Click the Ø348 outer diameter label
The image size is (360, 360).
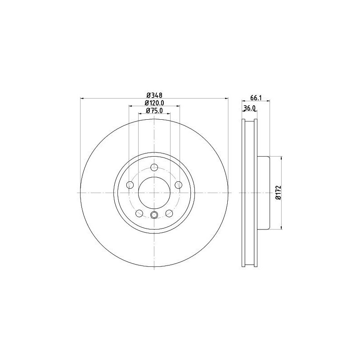154,94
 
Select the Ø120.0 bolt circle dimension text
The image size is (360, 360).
154,103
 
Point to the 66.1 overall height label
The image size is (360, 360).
256,97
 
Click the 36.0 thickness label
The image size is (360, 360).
249,108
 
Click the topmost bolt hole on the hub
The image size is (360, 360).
154,168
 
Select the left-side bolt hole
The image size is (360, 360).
130,185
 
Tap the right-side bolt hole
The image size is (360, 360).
178,185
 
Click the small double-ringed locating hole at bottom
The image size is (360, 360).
154,215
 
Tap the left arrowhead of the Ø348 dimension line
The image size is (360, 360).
82,98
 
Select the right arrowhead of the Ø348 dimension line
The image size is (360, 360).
227,98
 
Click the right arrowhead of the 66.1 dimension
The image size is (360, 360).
268,101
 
